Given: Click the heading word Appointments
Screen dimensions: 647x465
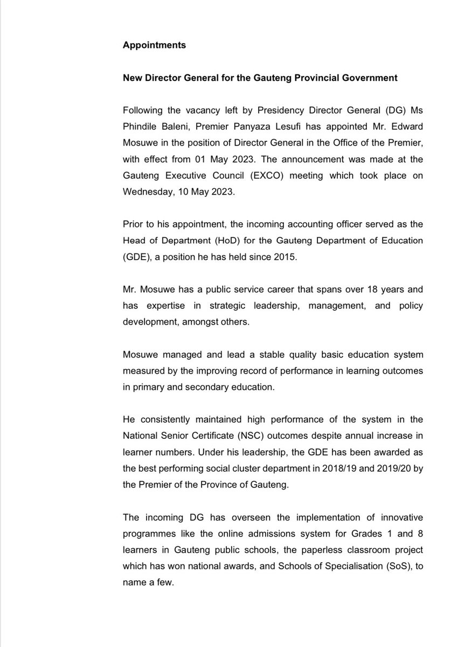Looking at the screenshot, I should click(x=154, y=45).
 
